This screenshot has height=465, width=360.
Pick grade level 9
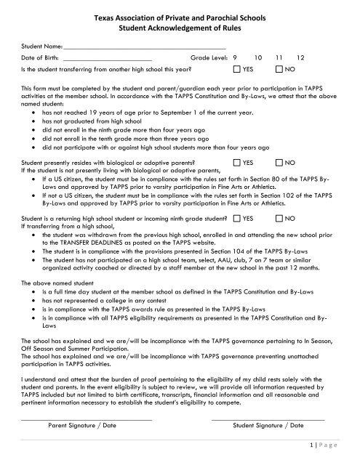[x=235, y=57]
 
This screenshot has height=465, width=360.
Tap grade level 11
[x=279, y=57]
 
